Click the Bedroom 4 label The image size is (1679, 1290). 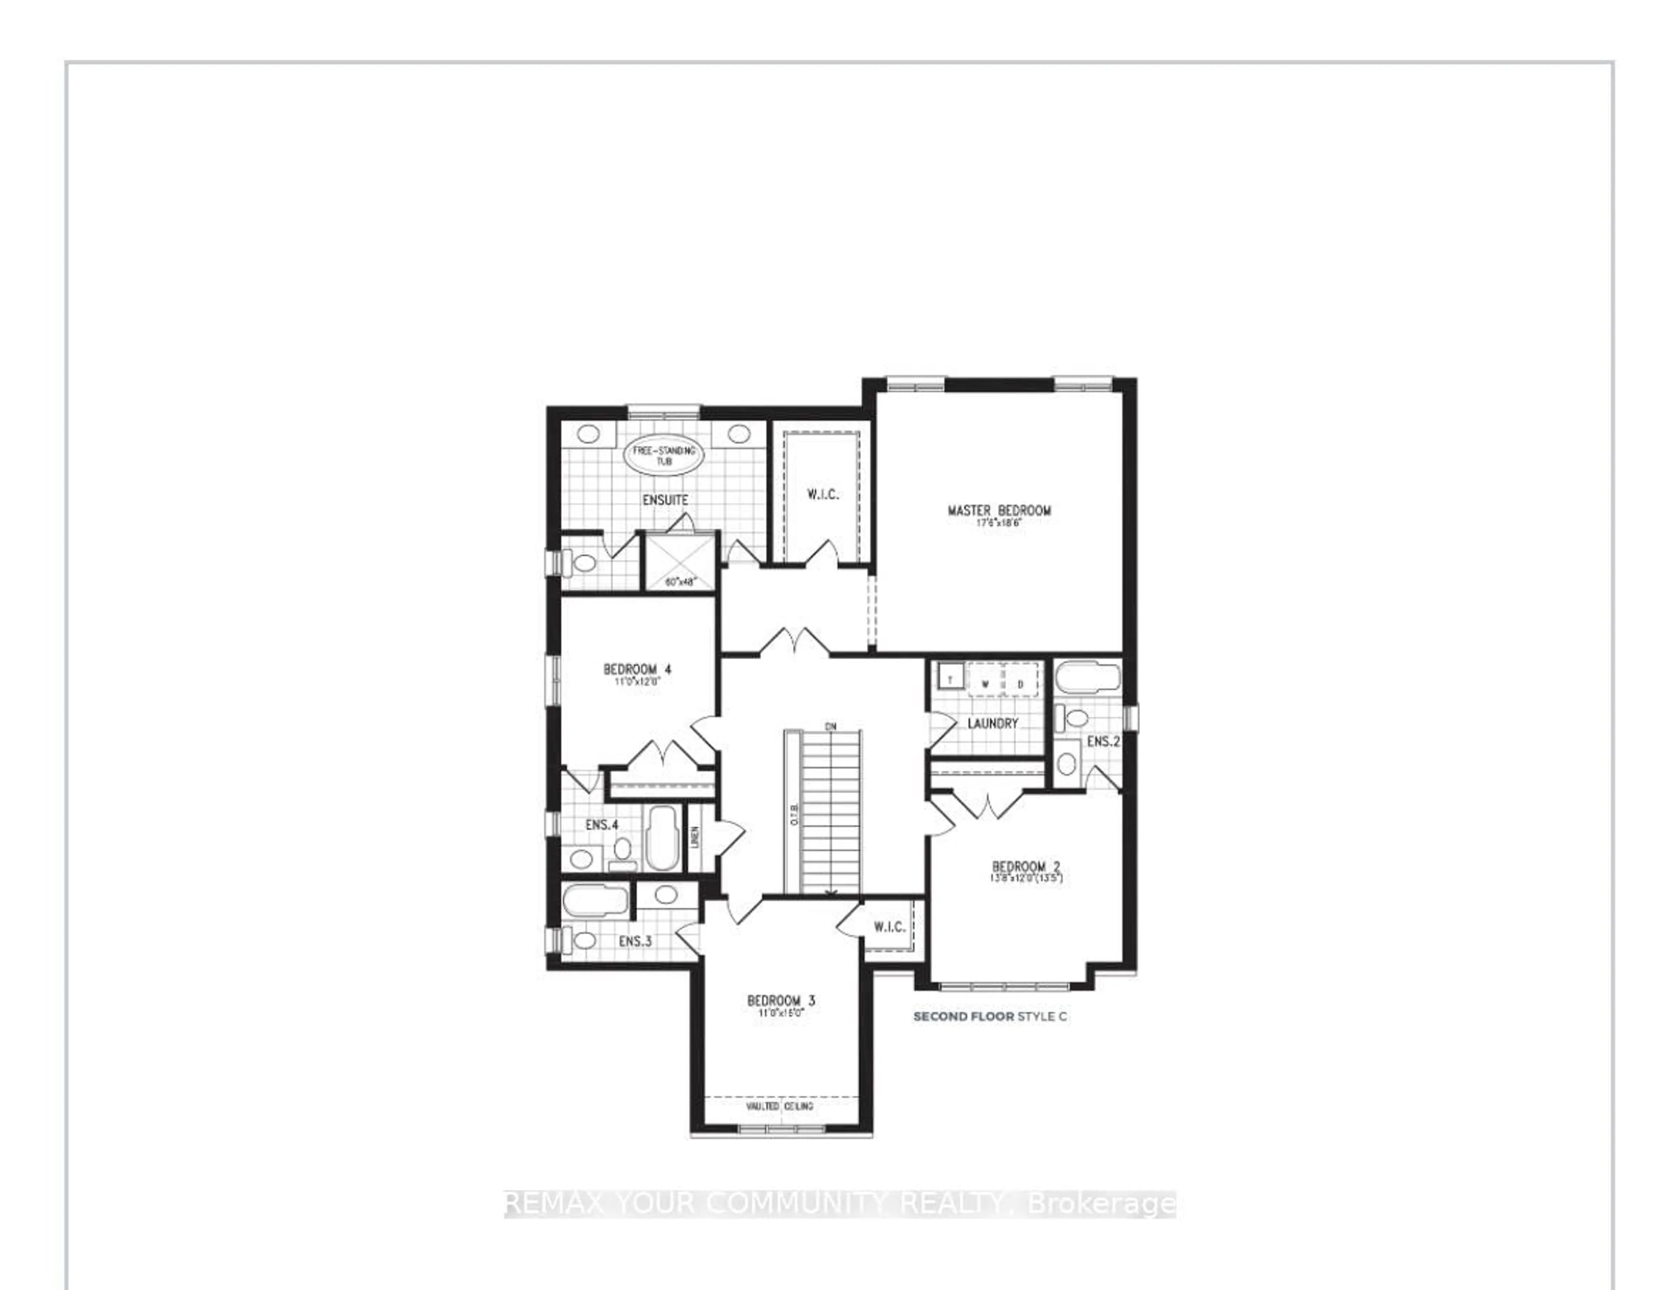point(637,670)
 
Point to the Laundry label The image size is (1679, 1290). point(992,723)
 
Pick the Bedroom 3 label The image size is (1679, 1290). point(780,1000)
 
